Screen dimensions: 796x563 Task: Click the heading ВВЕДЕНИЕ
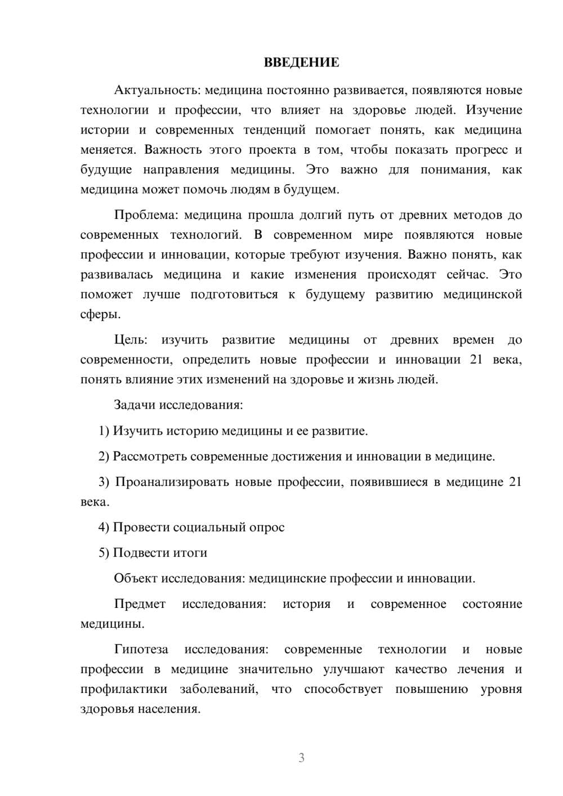click(x=301, y=62)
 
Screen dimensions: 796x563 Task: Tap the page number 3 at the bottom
click(x=301, y=758)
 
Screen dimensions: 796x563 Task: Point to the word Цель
click(x=131, y=339)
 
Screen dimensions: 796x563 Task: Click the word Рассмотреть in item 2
click(x=150, y=456)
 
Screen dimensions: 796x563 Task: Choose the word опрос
click(x=266, y=527)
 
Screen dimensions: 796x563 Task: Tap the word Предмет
click(x=140, y=604)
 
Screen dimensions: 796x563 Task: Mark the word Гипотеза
click(x=141, y=649)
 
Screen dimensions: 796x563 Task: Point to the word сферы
click(x=100, y=314)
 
